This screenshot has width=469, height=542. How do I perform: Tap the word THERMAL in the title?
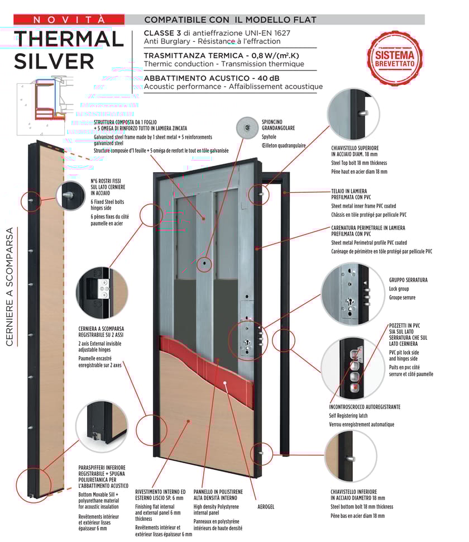pos(69,39)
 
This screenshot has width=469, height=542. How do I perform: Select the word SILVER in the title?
pos(54,60)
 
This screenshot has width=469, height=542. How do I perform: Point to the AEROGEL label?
pos(266,507)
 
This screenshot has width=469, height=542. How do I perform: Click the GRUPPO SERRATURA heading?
pos(408,279)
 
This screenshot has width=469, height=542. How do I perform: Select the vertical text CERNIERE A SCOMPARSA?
pos(9,294)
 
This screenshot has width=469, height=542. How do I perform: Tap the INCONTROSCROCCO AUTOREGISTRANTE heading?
pos(365,407)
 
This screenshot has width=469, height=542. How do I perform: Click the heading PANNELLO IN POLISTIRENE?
pos(218,495)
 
